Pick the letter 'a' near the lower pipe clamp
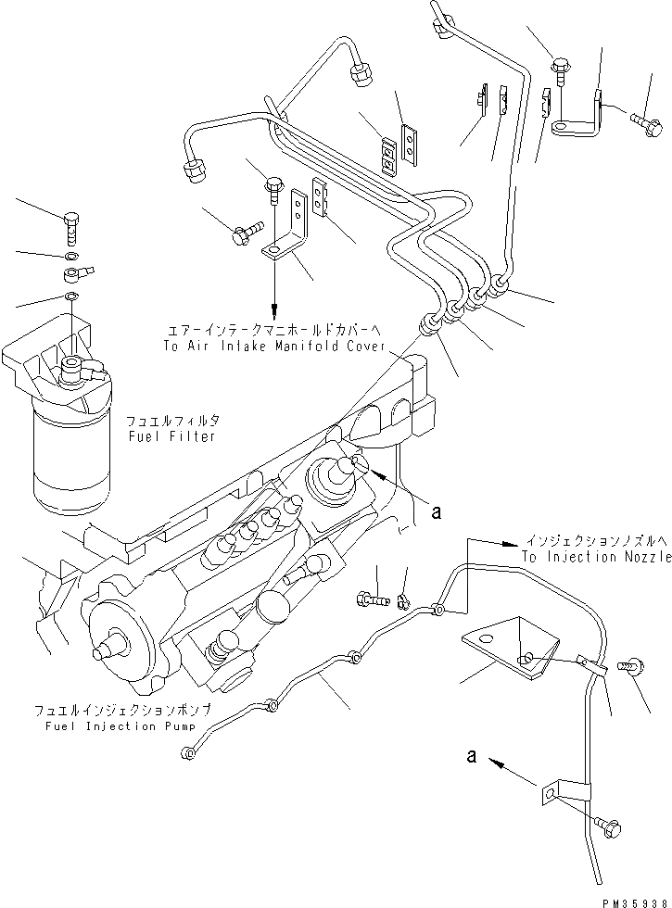[x=473, y=756]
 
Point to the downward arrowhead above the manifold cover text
[x=275, y=311]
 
